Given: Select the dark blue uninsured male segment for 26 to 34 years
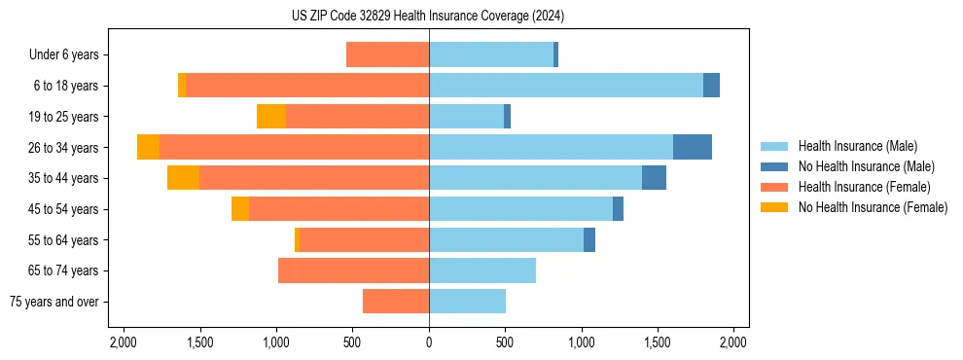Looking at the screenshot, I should [x=692, y=147].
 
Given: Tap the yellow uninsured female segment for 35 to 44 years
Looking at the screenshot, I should [x=183, y=178].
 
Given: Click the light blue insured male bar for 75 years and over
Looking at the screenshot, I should [x=467, y=302].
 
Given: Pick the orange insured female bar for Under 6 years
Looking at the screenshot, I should [x=387, y=54].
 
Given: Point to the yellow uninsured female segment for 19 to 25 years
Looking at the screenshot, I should [x=271, y=117].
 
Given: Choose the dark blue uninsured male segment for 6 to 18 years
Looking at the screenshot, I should [x=711, y=86].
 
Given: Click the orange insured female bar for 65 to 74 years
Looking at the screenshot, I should [x=353, y=270].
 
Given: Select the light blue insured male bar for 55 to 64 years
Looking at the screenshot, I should [x=506, y=239].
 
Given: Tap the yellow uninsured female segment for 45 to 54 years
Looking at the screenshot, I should [x=240, y=209].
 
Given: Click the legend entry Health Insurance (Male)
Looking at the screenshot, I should [x=857, y=146].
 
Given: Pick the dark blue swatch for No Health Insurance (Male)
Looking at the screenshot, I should [x=774, y=166].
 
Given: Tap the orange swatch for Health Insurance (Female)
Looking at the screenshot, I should [x=774, y=187].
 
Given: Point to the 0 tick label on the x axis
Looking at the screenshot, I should [x=429, y=342].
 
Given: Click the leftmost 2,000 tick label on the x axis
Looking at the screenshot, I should [x=124, y=342].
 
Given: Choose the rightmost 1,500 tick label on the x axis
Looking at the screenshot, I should [x=658, y=342].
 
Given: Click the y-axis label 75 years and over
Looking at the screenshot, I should [x=53, y=302].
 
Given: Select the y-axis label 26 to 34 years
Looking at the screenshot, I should [x=64, y=148].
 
